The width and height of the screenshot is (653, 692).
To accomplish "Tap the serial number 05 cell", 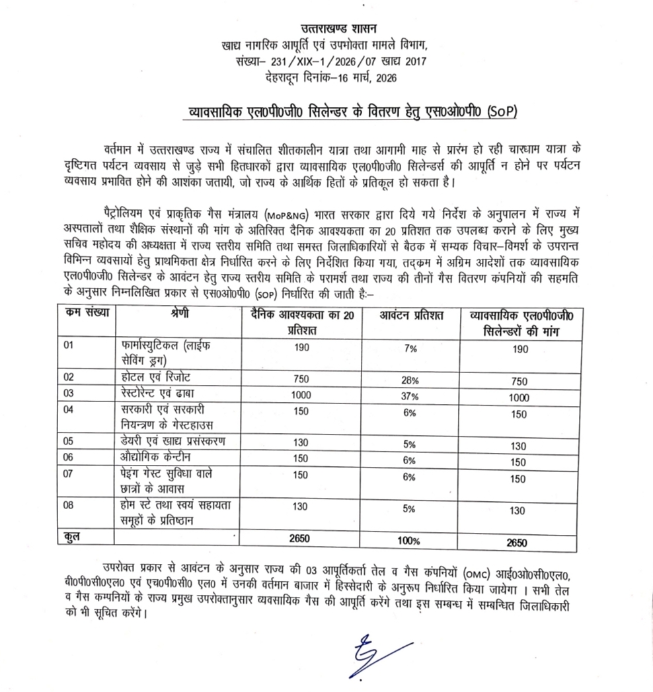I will point(69,441).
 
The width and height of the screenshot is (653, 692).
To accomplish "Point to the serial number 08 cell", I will point(69,505).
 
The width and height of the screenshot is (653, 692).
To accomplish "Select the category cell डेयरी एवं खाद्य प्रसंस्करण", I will point(177,441).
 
